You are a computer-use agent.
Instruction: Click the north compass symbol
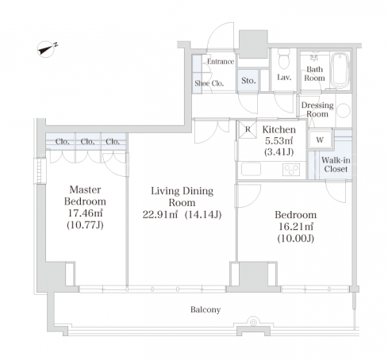47,49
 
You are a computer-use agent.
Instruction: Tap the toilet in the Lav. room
284,58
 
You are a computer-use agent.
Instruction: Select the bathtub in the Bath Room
340,71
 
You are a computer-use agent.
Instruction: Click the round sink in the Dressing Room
344,110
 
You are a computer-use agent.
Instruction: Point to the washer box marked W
321,139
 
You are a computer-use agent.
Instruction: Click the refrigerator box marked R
248,129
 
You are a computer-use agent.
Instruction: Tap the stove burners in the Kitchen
291,170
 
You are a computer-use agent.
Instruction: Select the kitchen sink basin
251,169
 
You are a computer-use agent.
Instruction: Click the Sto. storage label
248,80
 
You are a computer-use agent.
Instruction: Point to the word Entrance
221,62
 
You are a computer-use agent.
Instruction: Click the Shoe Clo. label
209,83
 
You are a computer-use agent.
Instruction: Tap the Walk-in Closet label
336,164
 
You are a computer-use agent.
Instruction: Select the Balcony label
206,309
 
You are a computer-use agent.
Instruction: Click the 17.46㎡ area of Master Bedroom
85,213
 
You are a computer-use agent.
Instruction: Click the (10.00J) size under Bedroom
296,239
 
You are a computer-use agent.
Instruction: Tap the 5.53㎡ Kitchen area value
279,140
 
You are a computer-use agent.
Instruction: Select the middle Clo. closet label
87,141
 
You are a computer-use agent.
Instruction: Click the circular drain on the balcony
253,322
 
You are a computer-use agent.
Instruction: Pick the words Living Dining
182,191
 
